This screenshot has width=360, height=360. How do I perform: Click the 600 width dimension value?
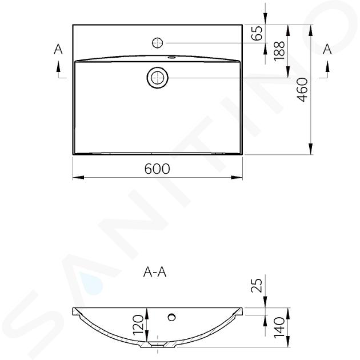coord(157,169)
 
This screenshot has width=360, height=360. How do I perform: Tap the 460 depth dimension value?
coord(302,90)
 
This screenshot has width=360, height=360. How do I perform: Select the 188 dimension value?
coord(279,51)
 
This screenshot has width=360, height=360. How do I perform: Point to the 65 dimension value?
coord(257,33)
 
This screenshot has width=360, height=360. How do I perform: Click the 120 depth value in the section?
coord(138,325)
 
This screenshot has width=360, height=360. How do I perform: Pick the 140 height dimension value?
coord(279,327)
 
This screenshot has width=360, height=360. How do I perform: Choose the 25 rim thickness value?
coord(257,285)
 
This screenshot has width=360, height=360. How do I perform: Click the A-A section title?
coord(155,273)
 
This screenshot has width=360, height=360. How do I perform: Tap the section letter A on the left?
coord(58,49)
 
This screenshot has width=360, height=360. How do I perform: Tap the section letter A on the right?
coord(327,49)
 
